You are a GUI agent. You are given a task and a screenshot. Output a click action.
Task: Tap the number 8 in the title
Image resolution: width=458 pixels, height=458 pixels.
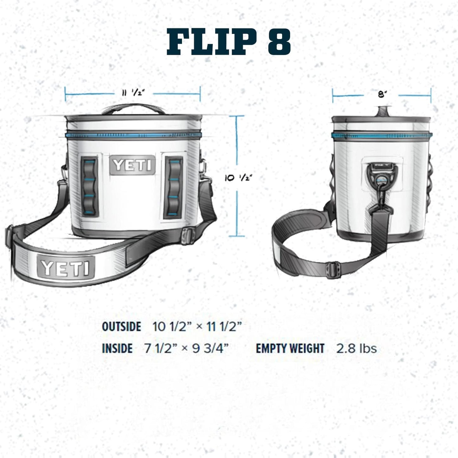click(x=279, y=42)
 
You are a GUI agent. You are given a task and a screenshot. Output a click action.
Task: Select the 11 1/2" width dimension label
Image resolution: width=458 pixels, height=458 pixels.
click(x=133, y=93)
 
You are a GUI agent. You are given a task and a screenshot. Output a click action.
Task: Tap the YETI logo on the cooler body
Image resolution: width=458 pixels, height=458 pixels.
click(x=132, y=165)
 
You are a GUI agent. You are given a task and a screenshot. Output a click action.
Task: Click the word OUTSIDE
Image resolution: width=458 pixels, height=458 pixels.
click(x=121, y=326)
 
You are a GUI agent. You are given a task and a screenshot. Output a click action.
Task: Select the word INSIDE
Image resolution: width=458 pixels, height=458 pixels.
click(x=117, y=348)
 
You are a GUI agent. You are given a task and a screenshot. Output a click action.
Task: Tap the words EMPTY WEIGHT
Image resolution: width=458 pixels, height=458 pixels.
click(x=290, y=348)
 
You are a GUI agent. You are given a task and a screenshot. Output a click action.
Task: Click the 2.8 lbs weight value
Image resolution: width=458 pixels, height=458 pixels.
click(x=356, y=348)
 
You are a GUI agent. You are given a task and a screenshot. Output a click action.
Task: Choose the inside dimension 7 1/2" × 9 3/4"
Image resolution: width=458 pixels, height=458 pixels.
click(x=186, y=348)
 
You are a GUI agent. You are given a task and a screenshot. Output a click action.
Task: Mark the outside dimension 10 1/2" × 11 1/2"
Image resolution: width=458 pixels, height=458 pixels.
click(x=197, y=326)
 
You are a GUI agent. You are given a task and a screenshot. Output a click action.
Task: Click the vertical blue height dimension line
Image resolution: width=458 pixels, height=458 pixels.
click(x=237, y=206)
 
